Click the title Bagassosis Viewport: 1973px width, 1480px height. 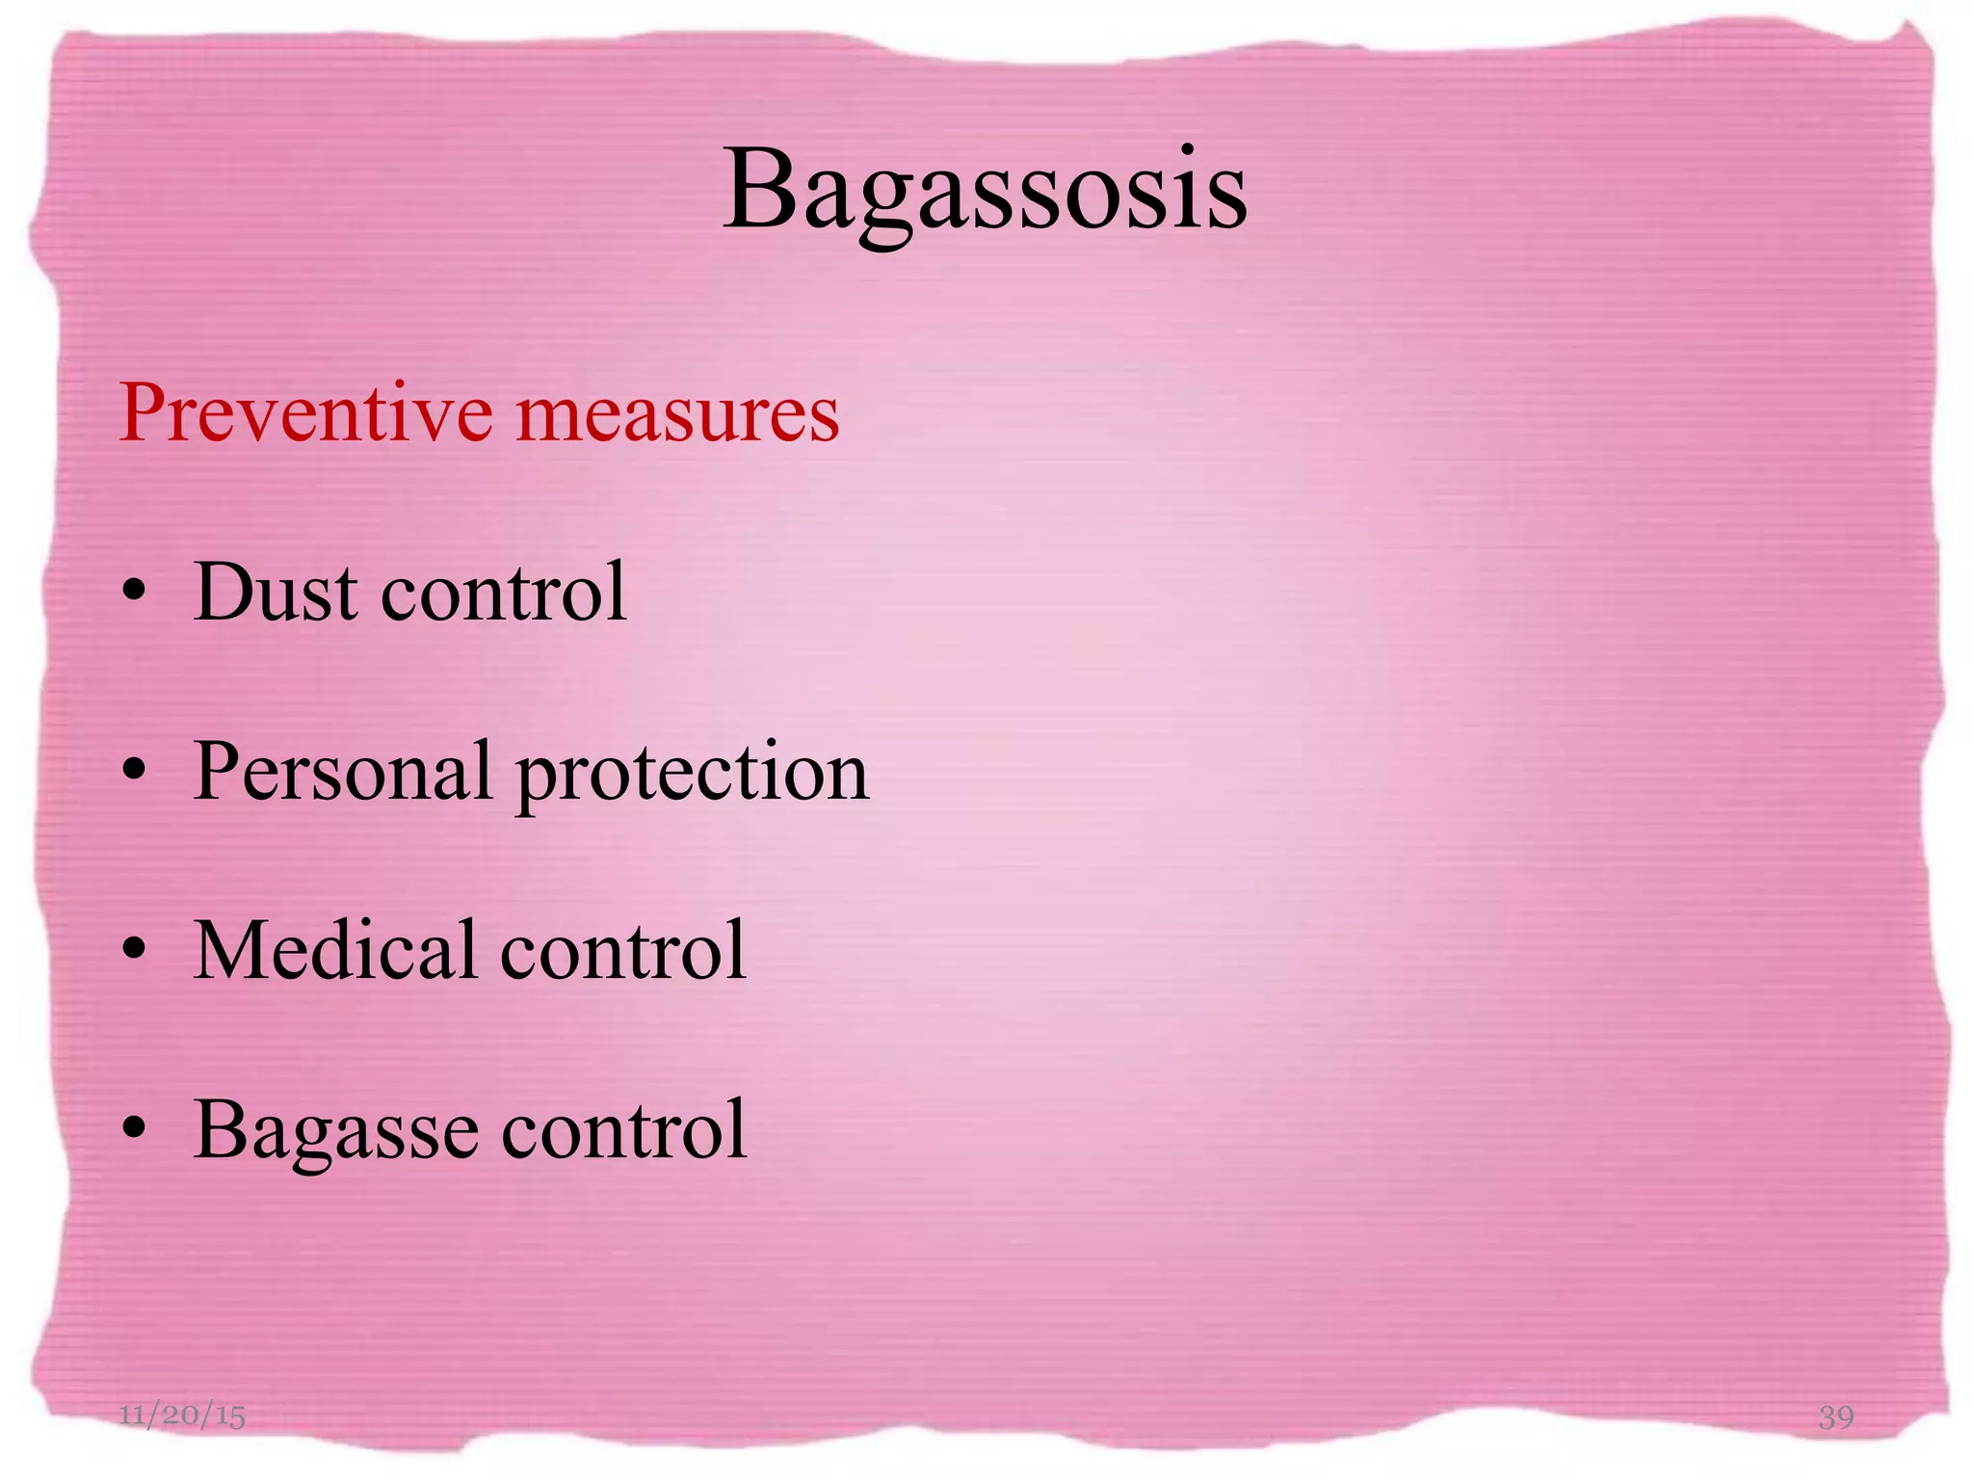click(985, 190)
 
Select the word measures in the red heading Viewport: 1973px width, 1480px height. click(677, 414)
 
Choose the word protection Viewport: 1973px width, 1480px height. click(693, 774)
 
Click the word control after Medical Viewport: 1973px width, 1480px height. click(623, 950)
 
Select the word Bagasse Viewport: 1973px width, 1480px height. click(335, 1130)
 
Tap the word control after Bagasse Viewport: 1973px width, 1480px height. click(623, 1128)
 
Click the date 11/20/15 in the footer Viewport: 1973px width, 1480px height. click(182, 1415)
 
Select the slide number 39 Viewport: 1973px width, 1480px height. click(1835, 1416)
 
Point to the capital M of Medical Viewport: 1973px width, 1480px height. click(231, 950)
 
